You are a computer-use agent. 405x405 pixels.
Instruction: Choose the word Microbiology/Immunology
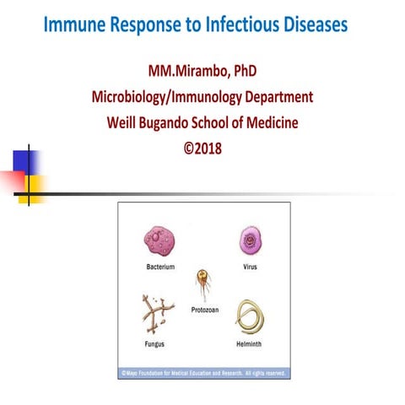click(x=174, y=96)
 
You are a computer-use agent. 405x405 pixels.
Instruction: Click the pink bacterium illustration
click(x=159, y=242)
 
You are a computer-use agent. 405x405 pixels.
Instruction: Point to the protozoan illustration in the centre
click(x=202, y=282)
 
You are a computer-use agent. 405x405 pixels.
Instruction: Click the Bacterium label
click(x=159, y=267)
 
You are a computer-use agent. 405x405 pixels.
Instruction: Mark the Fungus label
click(x=154, y=346)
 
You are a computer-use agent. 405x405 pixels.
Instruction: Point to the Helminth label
click(x=251, y=346)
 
